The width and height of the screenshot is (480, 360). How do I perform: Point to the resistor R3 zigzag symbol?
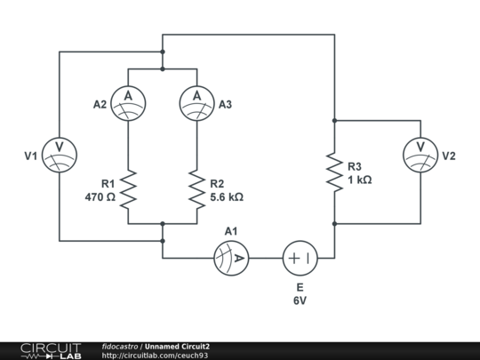(334, 172)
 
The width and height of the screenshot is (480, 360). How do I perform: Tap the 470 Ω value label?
(100, 196)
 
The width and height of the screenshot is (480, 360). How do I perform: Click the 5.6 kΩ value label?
(226, 196)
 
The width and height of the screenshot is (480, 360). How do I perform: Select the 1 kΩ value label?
(359, 179)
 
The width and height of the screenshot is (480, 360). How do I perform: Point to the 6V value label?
(300, 301)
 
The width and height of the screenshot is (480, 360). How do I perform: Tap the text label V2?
(449, 156)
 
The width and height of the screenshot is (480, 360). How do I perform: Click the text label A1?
(231, 231)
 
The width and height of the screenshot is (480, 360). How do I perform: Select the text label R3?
(355, 166)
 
